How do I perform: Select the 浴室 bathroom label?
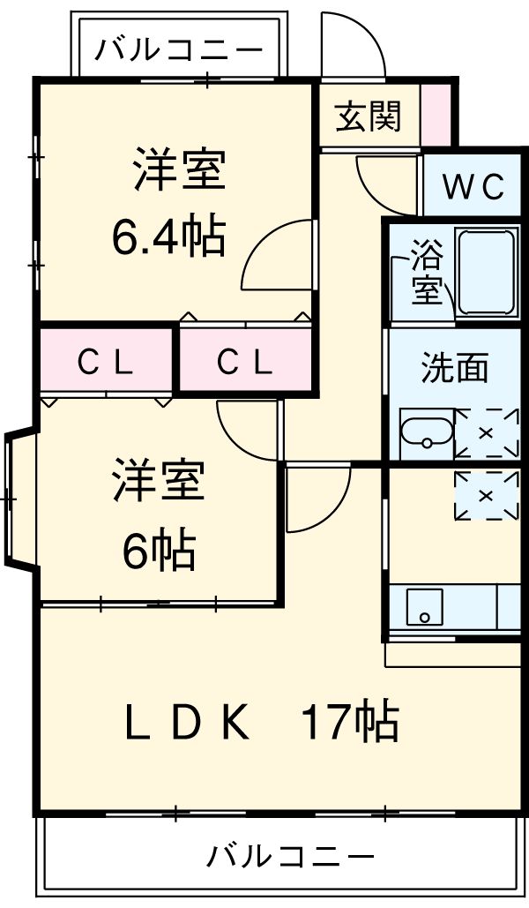coord(427,275)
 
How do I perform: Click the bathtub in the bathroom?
coord(487,274)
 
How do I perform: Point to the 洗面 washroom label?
coord(454,368)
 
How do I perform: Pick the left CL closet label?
coord(105,361)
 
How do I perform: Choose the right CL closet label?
coord(245,361)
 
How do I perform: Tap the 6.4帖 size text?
coord(168,236)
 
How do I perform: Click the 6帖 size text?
coord(159,552)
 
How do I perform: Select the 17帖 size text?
coord(350,722)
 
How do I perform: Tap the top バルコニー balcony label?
coord(179,49)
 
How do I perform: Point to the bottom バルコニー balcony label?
coord(291,855)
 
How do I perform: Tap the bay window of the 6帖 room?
coord(18,500)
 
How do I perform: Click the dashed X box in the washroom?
coord(486,432)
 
